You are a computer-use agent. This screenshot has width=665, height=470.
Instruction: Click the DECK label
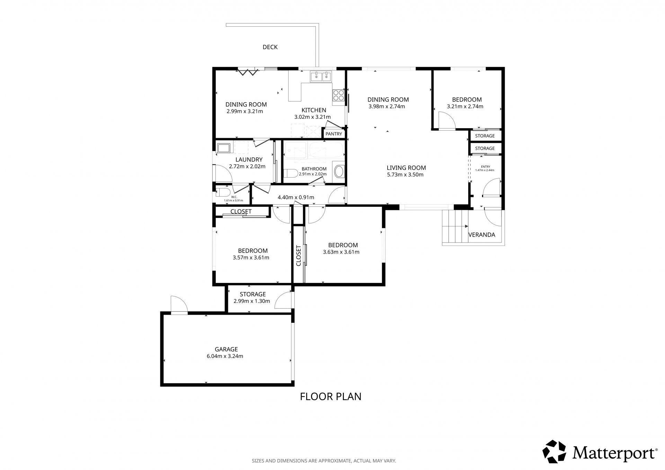click(270, 47)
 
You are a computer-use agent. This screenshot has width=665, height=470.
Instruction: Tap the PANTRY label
click(334, 134)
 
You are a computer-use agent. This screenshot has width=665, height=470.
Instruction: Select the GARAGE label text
click(226, 349)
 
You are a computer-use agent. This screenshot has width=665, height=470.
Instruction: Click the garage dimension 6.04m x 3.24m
click(225, 356)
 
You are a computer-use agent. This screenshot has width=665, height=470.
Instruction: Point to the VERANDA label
click(481, 234)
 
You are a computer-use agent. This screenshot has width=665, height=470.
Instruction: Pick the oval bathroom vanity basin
click(339, 171)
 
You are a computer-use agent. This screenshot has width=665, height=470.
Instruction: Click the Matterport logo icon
click(554, 451)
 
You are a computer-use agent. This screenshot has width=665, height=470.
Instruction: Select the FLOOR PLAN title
click(330, 396)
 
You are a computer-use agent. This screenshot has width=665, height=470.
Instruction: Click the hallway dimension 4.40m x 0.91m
click(296, 197)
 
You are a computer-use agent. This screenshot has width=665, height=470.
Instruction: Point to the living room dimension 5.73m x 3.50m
click(405, 175)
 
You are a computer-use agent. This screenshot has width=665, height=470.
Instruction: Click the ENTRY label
click(486, 167)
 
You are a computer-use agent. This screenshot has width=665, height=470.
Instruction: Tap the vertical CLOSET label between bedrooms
click(299, 256)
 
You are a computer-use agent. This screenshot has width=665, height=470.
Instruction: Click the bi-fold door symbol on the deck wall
click(248, 72)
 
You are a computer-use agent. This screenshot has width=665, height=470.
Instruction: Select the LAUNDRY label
click(249, 160)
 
